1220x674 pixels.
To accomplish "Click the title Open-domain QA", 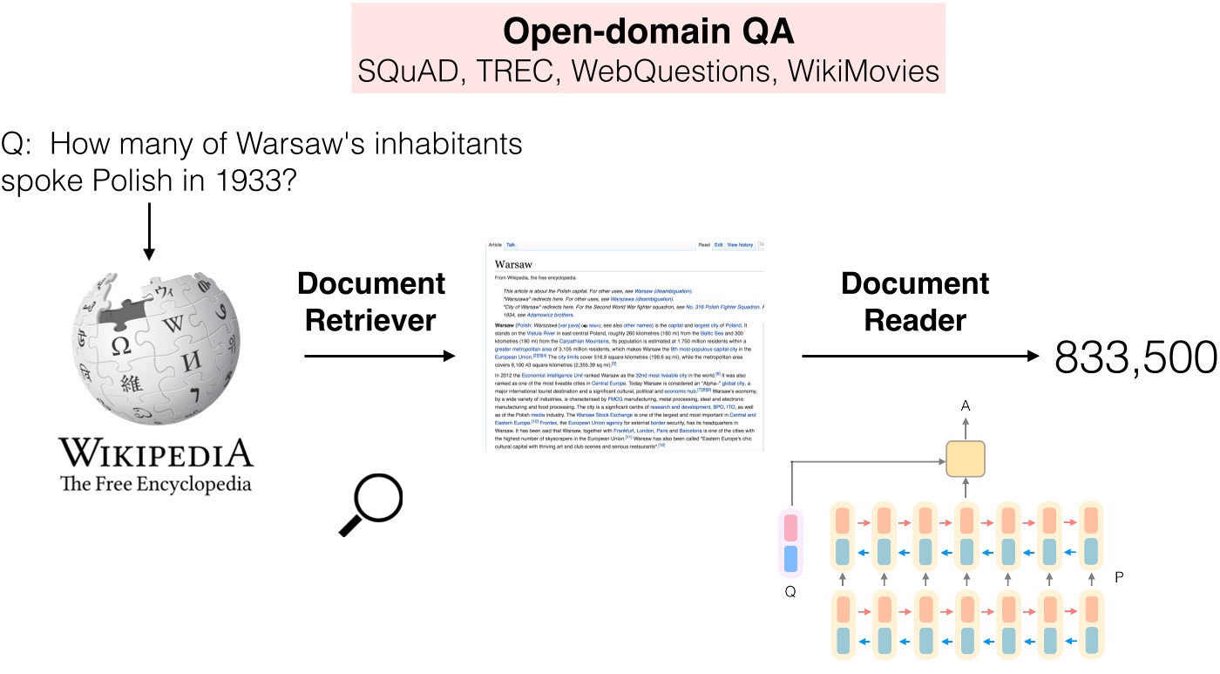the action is [x=648, y=31].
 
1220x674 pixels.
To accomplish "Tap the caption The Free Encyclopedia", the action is [x=155, y=483].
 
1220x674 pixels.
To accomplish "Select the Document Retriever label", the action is [x=371, y=302].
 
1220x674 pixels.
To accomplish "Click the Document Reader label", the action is [x=914, y=302].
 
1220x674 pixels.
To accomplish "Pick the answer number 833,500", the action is [x=1124, y=357].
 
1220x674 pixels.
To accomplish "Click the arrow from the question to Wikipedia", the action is [x=149, y=230].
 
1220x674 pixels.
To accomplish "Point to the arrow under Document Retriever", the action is [x=380, y=356].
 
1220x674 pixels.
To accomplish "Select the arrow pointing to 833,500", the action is [x=914, y=356].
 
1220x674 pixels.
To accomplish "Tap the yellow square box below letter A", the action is [x=965, y=459].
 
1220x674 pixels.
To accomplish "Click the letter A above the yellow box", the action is [x=965, y=405].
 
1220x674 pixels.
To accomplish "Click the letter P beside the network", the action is [x=1120, y=577].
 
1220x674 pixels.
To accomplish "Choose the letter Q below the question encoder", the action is [x=790, y=592].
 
